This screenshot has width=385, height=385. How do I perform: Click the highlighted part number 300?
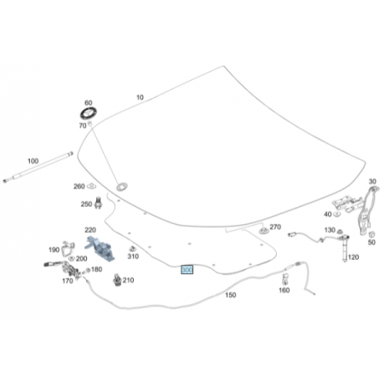click(187, 269)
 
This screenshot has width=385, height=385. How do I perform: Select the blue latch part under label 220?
click(101, 248)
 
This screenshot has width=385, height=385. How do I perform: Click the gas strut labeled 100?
click(37, 168)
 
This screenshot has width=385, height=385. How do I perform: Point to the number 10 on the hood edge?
click(140, 97)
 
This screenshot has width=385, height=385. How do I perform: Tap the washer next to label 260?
click(91, 186)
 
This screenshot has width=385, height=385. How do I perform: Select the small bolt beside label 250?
click(98, 203)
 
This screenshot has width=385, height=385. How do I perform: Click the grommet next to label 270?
click(264, 230)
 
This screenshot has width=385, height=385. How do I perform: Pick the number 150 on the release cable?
click(231, 295)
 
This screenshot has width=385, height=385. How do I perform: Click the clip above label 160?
click(284, 279)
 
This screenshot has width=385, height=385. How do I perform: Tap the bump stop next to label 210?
click(118, 280)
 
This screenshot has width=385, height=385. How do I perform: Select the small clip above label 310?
click(132, 249)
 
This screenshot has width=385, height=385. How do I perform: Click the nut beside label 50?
click(371, 234)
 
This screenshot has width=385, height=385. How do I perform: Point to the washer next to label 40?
click(336, 214)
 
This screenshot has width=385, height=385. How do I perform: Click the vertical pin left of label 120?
click(344, 248)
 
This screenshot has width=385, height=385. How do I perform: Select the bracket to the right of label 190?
click(68, 249)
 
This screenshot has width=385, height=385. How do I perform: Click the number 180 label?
click(96, 269)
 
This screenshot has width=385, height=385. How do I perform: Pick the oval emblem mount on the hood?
click(122, 187)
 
